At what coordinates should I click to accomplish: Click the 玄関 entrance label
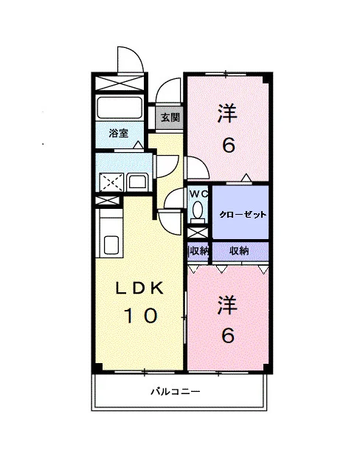170,118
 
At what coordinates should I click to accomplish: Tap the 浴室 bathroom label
119,133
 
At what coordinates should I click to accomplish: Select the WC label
199,194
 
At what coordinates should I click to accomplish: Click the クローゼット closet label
243,215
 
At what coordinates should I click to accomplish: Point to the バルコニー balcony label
176,392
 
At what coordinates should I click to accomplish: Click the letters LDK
139,289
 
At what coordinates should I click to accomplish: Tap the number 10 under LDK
140,316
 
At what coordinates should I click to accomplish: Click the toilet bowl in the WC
198,210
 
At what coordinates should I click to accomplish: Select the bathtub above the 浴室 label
120,108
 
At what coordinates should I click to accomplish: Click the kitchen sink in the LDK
111,244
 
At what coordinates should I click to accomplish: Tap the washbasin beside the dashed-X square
137,182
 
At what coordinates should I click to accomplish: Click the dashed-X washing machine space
111,182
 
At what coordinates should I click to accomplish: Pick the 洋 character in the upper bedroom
227,113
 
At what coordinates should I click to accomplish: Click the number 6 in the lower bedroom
228,335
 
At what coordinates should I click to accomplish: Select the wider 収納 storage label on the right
239,251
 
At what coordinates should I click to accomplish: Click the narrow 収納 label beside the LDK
198,251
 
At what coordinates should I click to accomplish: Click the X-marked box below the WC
198,233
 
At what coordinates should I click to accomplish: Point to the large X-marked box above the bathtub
120,83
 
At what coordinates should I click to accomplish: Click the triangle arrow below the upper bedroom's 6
246,178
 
